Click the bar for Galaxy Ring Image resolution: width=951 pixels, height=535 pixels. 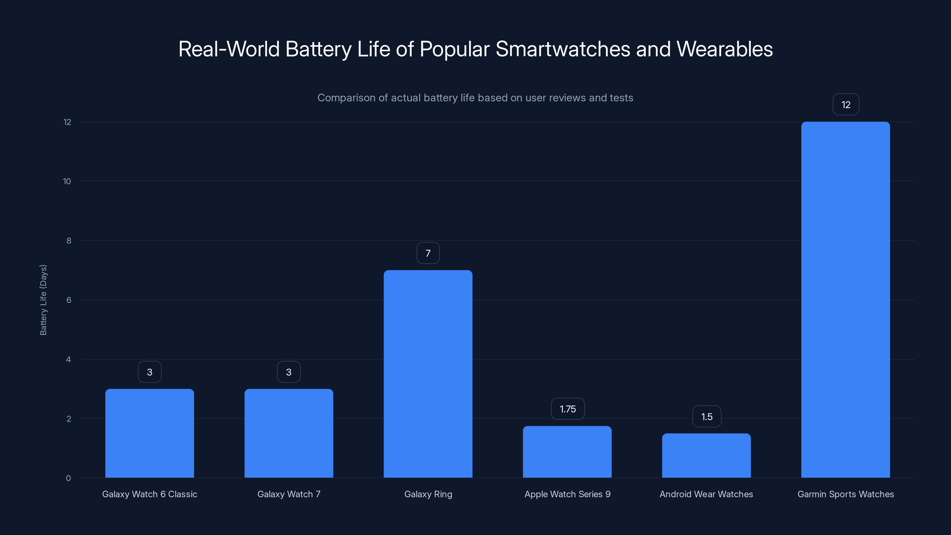pos(428,374)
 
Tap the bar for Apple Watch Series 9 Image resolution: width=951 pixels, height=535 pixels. pos(567,451)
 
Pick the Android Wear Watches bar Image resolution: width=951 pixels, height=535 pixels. pos(706,455)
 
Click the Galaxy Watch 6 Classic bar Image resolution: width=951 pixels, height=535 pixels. pos(149,433)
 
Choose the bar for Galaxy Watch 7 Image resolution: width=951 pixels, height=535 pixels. pos(289,433)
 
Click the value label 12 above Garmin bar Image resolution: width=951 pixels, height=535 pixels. pos(846,105)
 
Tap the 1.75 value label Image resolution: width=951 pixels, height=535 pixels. pos(567,409)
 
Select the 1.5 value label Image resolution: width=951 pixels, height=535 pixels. pos(707,417)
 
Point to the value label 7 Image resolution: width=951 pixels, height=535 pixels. pos(428,253)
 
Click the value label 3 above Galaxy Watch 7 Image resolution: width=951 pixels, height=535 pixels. pos(289,372)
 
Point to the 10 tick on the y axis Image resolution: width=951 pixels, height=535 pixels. pos(67,181)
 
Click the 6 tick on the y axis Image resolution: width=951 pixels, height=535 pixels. pos(69,300)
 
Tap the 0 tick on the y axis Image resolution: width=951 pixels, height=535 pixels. pos(68,478)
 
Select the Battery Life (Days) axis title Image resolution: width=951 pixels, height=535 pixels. pos(43,300)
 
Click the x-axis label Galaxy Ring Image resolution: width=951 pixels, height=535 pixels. pos(428,494)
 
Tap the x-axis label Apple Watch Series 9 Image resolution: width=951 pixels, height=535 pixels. pos(567,494)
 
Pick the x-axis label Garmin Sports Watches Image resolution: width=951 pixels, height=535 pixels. pos(845,494)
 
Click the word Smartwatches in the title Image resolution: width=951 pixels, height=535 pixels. pos(563,49)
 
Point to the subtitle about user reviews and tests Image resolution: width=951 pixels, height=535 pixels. pos(475,98)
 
